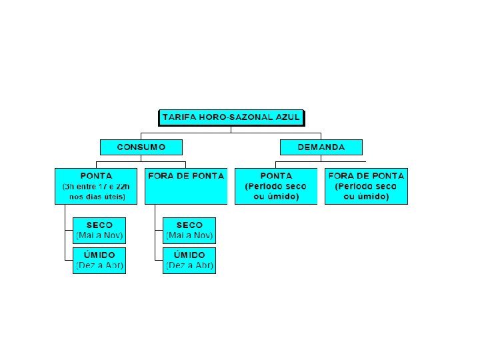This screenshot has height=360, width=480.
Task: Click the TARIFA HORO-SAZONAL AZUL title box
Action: [x=231, y=118]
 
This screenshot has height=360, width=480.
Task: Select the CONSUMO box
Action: [x=141, y=147]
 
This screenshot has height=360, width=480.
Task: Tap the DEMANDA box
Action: [x=321, y=147]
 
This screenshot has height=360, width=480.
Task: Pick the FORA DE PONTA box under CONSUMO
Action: [x=185, y=186]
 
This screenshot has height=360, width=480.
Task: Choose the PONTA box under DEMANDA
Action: [x=276, y=186]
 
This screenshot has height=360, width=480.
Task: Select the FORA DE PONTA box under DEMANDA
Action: [x=366, y=186]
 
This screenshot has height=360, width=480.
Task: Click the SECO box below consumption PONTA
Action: [x=99, y=230]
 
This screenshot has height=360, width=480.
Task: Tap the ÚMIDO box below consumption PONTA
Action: [x=99, y=260]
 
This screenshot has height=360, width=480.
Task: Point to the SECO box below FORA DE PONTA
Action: [x=189, y=230]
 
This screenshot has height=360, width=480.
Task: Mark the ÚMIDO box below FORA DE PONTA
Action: [x=189, y=260]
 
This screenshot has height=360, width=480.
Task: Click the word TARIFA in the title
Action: [x=179, y=118]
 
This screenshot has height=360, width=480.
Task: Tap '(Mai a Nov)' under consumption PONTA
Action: [x=99, y=235]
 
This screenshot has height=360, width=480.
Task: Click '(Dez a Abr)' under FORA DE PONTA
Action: [x=189, y=265]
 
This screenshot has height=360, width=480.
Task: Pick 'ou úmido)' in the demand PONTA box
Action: [x=276, y=197]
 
